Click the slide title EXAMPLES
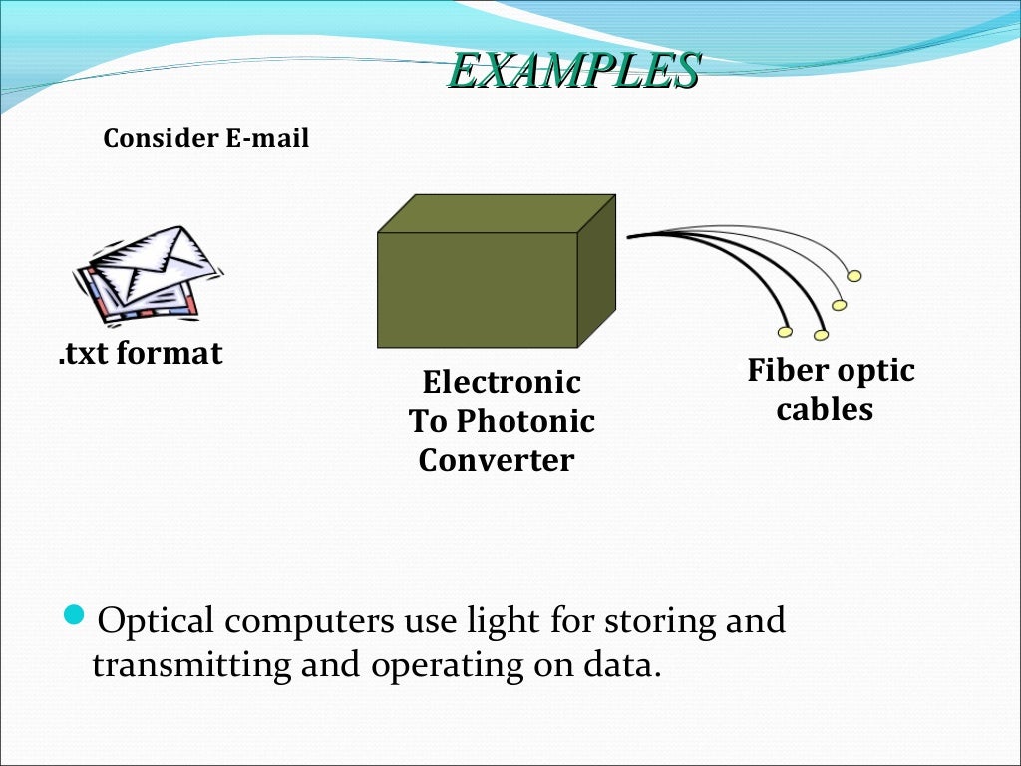[x=572, y=71]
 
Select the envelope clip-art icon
[x=149, y=274]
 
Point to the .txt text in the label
[x=83, y=353]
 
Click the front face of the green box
[x=478, y=290]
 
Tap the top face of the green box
[x=496, y=213]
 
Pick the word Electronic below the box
[x=502, y=382]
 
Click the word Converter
[x=497, y=460]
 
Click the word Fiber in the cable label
[x=787, y=371]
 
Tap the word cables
[x=825, y=409]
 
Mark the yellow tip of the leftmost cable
[x=785, y=332]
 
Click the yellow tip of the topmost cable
[x=854, y=276]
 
